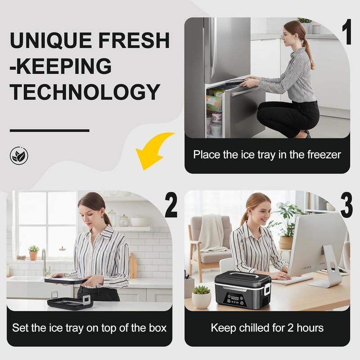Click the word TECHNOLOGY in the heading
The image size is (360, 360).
pos(85,92)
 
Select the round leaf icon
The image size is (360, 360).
pos(19,156)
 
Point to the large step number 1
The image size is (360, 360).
pos(347,31)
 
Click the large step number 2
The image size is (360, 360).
pos(171,205)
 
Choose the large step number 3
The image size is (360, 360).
pos(346,205)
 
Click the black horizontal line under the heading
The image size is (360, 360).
pos(49,130)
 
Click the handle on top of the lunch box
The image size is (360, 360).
pos(243,275)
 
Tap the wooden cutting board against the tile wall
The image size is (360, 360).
pos(133,265)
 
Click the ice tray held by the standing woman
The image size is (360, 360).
pos(64,280)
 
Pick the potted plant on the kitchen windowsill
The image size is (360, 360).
pos(33,252)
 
